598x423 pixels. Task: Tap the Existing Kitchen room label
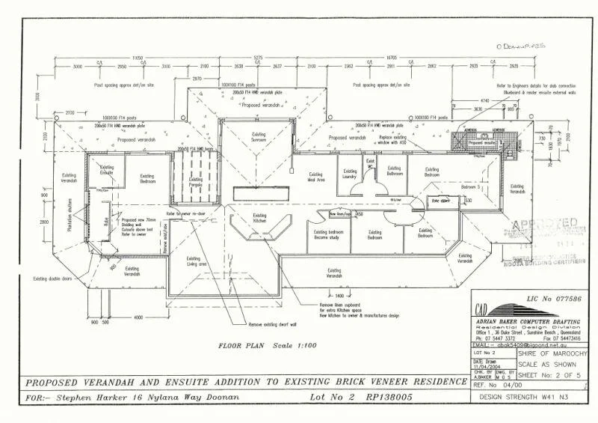(259, 219)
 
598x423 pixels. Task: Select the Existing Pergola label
(196, 182)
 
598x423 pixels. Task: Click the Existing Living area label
(197, 262)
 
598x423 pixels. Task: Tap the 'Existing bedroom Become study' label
(328, 234)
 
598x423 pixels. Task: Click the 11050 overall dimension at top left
(137, 57)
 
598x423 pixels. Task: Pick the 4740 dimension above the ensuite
(484, 100)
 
